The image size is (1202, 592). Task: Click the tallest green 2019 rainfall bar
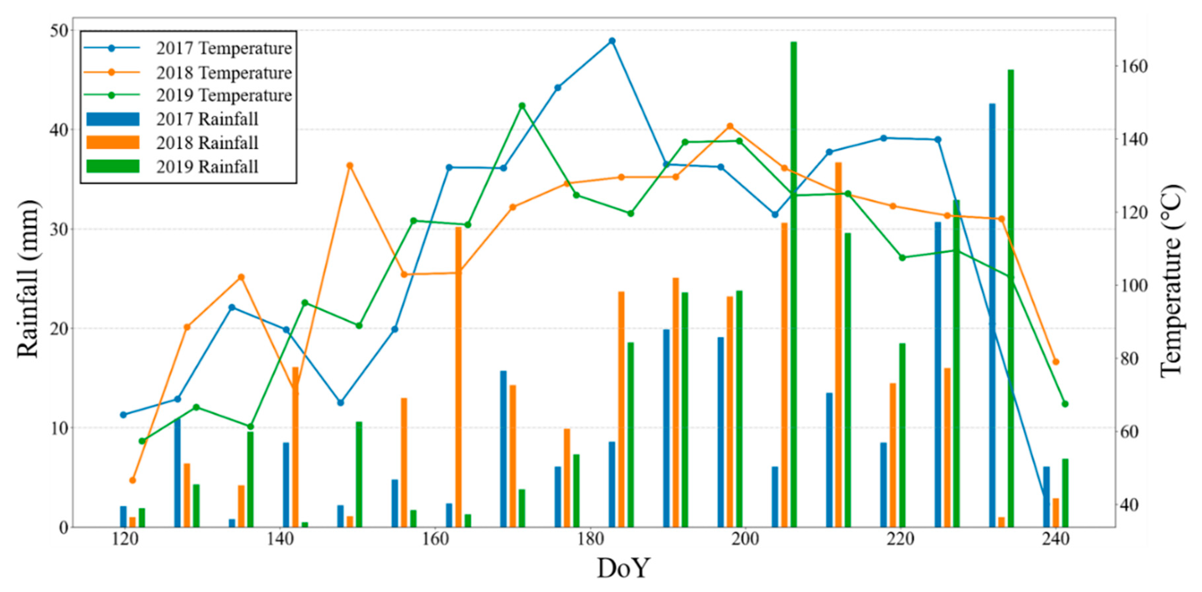[793, 284]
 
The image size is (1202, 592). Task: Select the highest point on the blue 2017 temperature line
[612, 41]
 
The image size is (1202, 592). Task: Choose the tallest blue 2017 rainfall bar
[992, 315]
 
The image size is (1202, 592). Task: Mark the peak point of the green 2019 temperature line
[522, 106]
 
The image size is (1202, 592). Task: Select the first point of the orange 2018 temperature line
[133, 480]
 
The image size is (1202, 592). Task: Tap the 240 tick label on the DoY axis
[1056, 539]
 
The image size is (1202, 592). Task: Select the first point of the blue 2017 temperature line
[123, 415]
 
